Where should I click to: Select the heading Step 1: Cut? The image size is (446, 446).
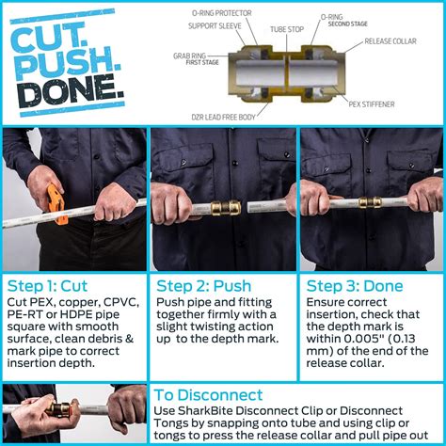click(x=49, y=285)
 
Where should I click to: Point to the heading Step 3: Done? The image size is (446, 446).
click(x=351, y=285)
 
